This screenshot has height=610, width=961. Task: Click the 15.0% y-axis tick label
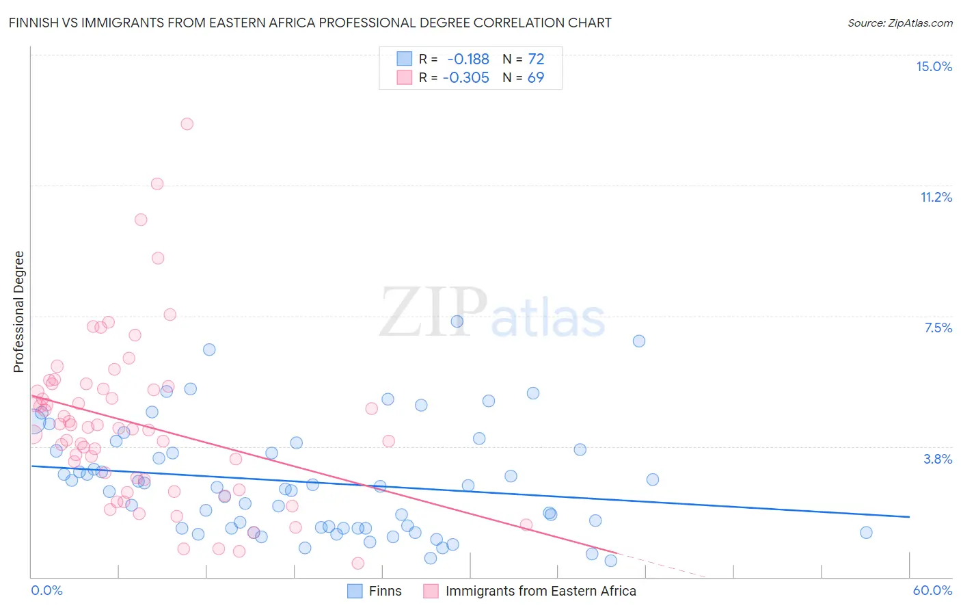click(x=934, y=66)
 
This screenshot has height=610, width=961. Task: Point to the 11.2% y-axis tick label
click(x=936, y=197)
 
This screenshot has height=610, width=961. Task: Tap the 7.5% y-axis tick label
click(x=938, y=328)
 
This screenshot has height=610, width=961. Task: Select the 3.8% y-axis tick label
click(x=938, y=459)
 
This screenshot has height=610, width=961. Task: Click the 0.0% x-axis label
click(x=46, y=590)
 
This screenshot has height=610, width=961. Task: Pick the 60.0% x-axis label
click(x=932, y=590)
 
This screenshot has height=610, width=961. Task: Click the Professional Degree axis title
click(x=18, y=312)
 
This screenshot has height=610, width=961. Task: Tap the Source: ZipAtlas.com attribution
click(x=899, y=23)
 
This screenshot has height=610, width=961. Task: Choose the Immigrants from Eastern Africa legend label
click(x=540, y=591)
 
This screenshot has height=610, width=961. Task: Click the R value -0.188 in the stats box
click(x=468, y=59)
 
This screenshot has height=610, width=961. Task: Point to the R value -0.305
click(x=466, y=78)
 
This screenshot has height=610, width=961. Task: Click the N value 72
click(x=536, y=59)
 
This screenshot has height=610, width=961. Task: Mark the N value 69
click(x=536, y=78)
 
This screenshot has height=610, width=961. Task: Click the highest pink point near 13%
click(x=187, y=124)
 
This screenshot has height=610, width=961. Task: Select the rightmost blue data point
click(x=866, y=533)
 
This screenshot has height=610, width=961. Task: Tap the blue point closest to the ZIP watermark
click(x=457, y=321)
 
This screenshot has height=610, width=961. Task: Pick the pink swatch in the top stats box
click(x=405, y=77)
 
